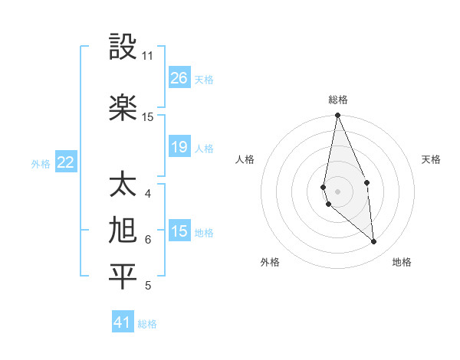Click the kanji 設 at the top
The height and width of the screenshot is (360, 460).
pyautogui.click(x=123, y=47)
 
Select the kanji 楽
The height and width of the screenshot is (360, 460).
pyautogui.click(x=123, y=107)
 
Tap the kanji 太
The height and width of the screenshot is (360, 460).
pyautogui.click(x=123, y=185)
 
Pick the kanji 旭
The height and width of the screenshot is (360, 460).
pyautogui.click(x=123, y=231)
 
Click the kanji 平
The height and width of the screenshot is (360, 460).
pyautogui.click(x=123, y=277)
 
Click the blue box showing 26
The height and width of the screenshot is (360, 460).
pyautogui.click(x=179, y=78)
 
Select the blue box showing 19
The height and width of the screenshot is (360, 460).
pyautogui.click(x=179, y=147)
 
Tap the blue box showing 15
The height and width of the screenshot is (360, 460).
pyautogui.click(x=179, y=231)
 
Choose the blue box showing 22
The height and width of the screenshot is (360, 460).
pyautogui.click(x=66, y=162)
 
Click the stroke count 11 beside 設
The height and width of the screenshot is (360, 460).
pyautogui.click(x=147, y=56)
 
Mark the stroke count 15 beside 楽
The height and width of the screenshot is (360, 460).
pyautogui.click(x=148, y=116)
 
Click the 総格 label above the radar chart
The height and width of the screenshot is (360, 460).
pyautogui.click(x=338, y=100)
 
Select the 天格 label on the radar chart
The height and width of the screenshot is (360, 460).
pyautogui.click(x=431, y=159)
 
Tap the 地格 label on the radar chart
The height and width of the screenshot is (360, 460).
pyautogui.click(x=402, y=262)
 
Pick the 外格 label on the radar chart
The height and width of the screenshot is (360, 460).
pyautogui.click(x=270, y=262)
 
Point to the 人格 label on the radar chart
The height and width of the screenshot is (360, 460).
pyautogui.click(x=245, y=159)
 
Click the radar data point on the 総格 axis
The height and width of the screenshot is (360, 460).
pyautogui.click(x=338, y=116)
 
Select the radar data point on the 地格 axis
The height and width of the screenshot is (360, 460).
pyautogui.click(x=374, y=242)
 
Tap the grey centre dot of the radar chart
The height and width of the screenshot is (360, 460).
pyautogui.click(x=338, y=191)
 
